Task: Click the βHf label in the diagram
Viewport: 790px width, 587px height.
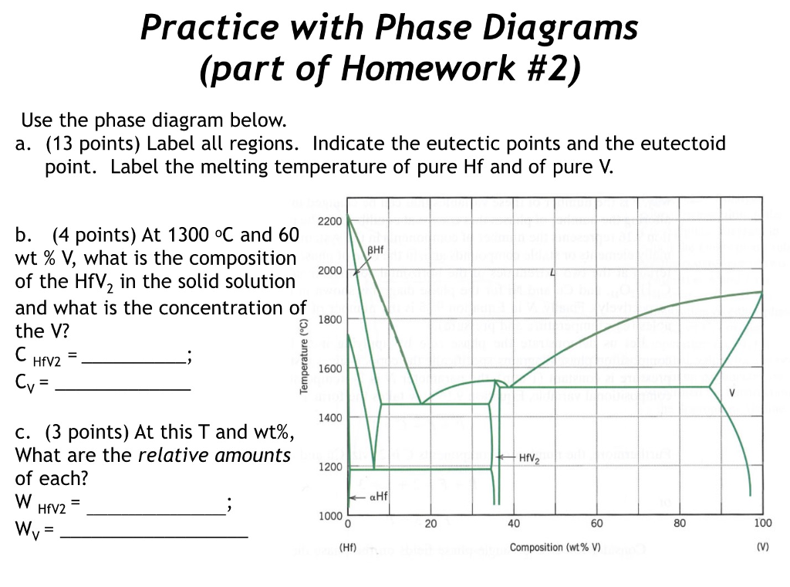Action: coord(375,250)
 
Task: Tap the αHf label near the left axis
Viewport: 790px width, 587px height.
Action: coord(376,497)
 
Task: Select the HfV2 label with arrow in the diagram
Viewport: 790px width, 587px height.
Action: coord(529,457)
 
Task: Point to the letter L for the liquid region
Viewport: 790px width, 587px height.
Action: coord(553,273)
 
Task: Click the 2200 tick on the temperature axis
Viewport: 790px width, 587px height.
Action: coord(329,222)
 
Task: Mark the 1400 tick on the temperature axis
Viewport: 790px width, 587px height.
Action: coord(329,418)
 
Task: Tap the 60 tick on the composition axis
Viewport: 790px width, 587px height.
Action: coord(596,524)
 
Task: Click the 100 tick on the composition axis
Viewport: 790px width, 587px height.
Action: coord(762,524)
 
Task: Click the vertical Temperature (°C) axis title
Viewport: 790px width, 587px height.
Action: coord(305,355)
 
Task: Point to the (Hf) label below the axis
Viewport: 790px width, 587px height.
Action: coord(348,548)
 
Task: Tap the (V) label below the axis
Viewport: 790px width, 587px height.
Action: coord(762,548)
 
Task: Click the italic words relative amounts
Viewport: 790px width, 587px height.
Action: coord(214,455)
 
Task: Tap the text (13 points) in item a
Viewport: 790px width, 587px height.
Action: coord(94,144)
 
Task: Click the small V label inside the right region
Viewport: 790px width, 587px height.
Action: coord(731,392)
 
